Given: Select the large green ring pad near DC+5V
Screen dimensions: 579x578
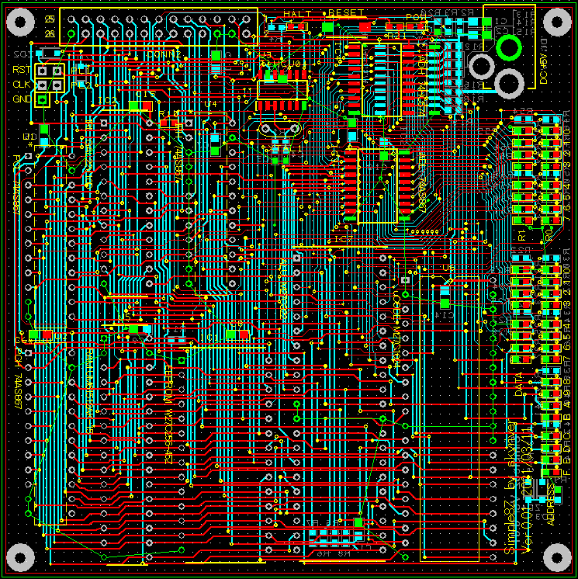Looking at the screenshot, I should coord(509,47).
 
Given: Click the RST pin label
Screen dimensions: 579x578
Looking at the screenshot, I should coord(20,69).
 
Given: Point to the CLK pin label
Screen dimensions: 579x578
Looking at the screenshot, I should coord(20,85).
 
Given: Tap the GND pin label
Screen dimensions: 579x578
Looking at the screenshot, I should coord(20,99).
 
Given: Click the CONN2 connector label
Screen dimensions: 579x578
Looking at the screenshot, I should coord(164,55).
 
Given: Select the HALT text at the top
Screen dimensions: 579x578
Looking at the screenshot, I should coord(299,14).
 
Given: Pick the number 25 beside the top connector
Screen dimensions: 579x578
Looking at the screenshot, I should coord(50,19).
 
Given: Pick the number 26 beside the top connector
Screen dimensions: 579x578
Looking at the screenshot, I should coord(50,33).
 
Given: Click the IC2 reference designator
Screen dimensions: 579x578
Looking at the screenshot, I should coord(107,102).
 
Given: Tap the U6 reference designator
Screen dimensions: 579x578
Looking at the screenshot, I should coord(447,268).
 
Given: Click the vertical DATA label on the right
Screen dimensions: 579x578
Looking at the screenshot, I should coord(519,385).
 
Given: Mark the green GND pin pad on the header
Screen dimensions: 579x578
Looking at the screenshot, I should coord(43,99).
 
